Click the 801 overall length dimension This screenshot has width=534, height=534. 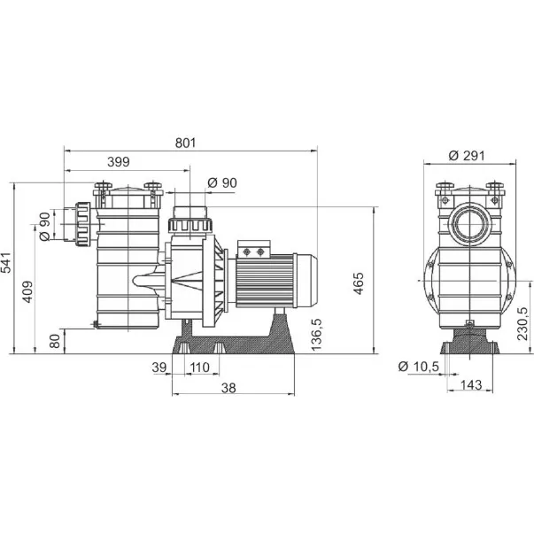pyautogui.click(x=186, y=143)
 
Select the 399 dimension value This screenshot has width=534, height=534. pyautogui.click(x=119, y=162)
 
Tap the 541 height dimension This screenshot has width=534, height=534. pyautogui.click(x=6, y=263)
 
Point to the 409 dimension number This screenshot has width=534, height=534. pyautogui.click(x=27, y=291)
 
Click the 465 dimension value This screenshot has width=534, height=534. pyautogui.click(x=359, y=283)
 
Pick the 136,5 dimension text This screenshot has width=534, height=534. pyautogui.click(x=316, y=335)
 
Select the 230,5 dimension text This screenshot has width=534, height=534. pyautogui.click(x=522, y=324)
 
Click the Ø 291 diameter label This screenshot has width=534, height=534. pyautogui.click(x=467, y=156)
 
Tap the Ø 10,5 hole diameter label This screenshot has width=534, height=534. pyautogui.click(x=419, y=367)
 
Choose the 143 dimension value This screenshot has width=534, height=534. pyautogui.click(x=471, y=385)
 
